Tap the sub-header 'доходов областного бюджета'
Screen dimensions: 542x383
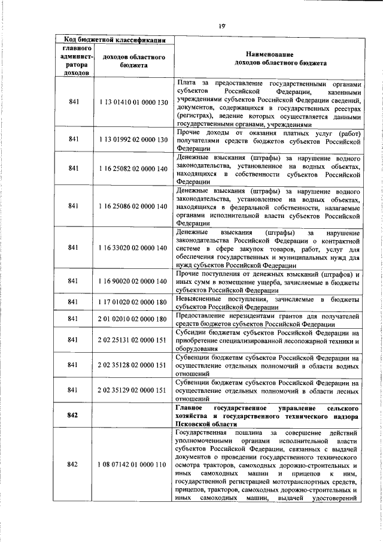(x=133, y=60)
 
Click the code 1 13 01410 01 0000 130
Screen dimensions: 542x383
(x=133, y=102)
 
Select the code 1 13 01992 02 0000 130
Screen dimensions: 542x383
(x=133, y=139)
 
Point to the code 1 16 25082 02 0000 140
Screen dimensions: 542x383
(x=133, y=169)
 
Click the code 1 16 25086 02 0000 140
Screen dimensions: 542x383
(x=133, y=206)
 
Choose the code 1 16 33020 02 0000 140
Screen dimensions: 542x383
(x=133, y=247)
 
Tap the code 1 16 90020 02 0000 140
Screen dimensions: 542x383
(x=133, y=281)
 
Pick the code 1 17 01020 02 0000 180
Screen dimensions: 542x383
(x=133, y=301)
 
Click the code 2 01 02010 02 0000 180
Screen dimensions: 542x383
(x=133, y=319)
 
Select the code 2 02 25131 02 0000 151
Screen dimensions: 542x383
(x=133, y=340)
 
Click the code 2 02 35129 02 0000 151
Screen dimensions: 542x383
(x=133, y=390)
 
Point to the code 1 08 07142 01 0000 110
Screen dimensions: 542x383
(x=133, y=465)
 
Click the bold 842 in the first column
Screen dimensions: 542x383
(x=74, y=414)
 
